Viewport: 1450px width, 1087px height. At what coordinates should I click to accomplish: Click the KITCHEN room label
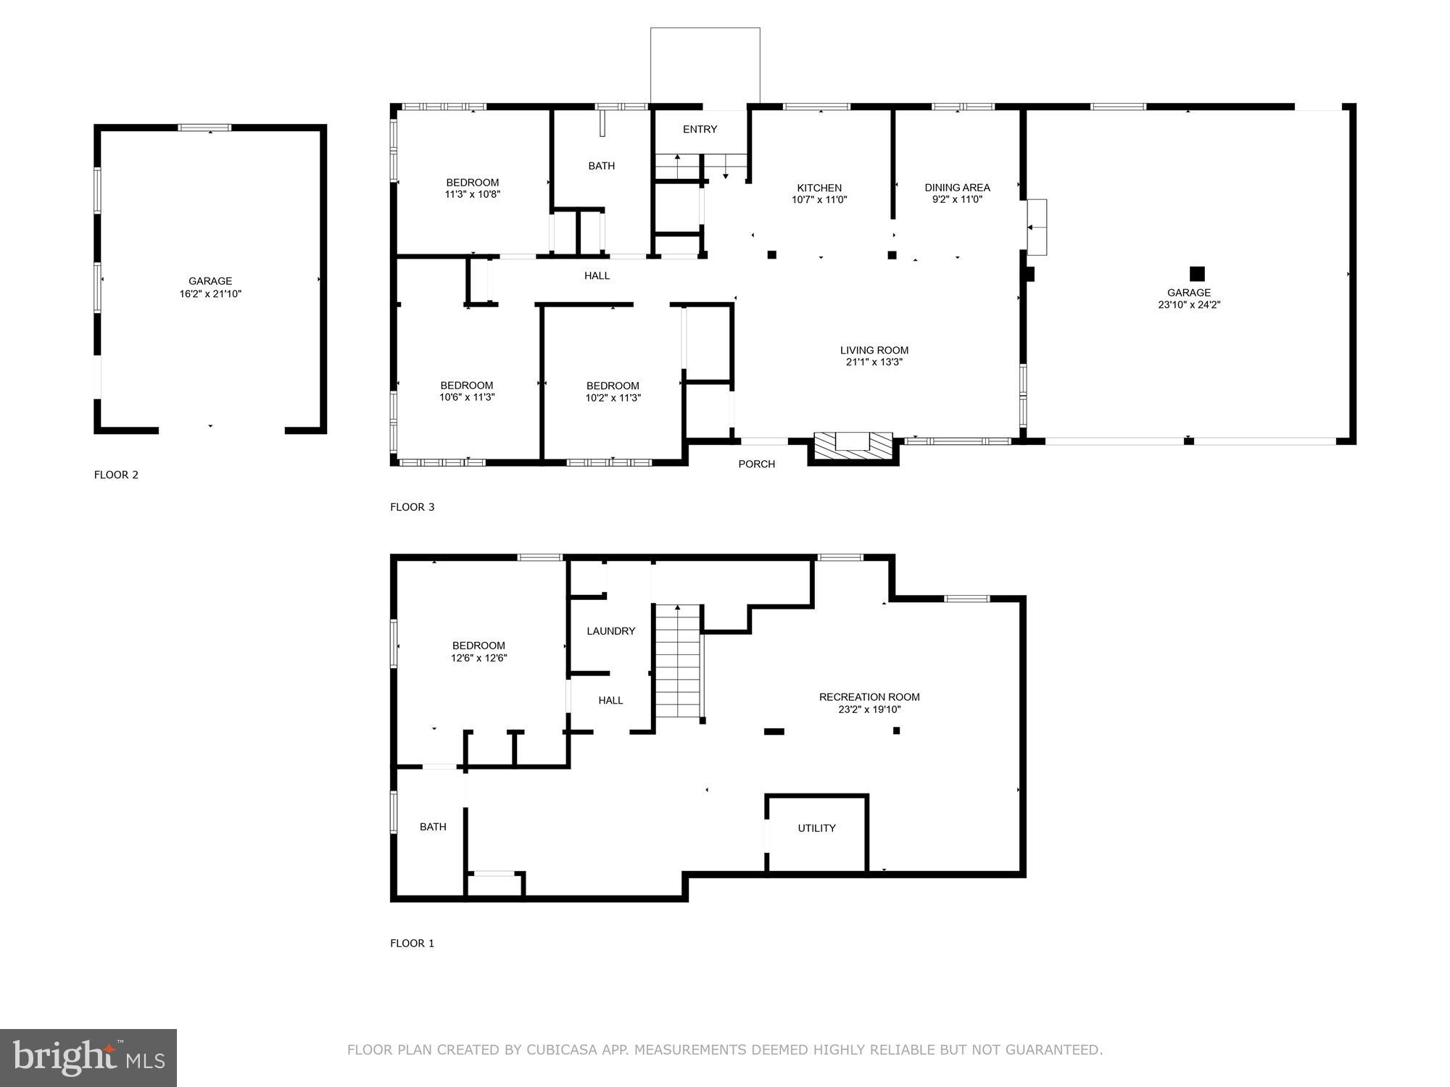pos(819,188)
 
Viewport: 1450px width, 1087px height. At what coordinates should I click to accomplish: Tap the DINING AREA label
pos(957,188)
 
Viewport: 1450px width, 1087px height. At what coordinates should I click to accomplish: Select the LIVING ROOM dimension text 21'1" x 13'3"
pos(874,362)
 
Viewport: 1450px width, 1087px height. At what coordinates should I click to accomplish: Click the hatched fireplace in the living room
pos(853,446)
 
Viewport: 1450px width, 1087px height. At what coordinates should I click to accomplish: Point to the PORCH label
pos(756,465)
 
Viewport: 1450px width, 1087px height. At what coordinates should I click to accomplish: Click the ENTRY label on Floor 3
pos(700,130)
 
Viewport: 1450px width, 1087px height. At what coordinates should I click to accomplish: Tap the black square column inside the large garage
pos(1197,274)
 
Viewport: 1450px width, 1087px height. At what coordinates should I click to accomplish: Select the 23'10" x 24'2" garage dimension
pos(1189,305)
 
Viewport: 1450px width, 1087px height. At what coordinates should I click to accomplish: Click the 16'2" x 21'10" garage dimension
pos(210,294)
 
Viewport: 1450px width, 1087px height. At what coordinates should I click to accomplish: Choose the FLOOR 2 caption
pos(116,475)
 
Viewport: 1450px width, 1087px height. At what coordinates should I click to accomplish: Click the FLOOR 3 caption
pos(412,507)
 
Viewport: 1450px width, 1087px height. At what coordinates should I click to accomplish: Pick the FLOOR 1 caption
pos(412,944)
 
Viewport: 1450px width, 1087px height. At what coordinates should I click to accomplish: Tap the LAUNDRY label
pos(610,631)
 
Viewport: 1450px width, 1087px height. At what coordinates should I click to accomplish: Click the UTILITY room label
pos(816,828)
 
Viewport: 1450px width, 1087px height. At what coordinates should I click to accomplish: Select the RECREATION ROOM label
pos(869,697)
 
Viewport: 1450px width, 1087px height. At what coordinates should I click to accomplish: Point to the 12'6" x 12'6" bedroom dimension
pos(478,659)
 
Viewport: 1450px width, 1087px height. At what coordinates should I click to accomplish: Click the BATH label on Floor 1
pos(433,827)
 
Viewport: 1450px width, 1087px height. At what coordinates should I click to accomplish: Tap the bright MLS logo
pos(88,1057)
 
